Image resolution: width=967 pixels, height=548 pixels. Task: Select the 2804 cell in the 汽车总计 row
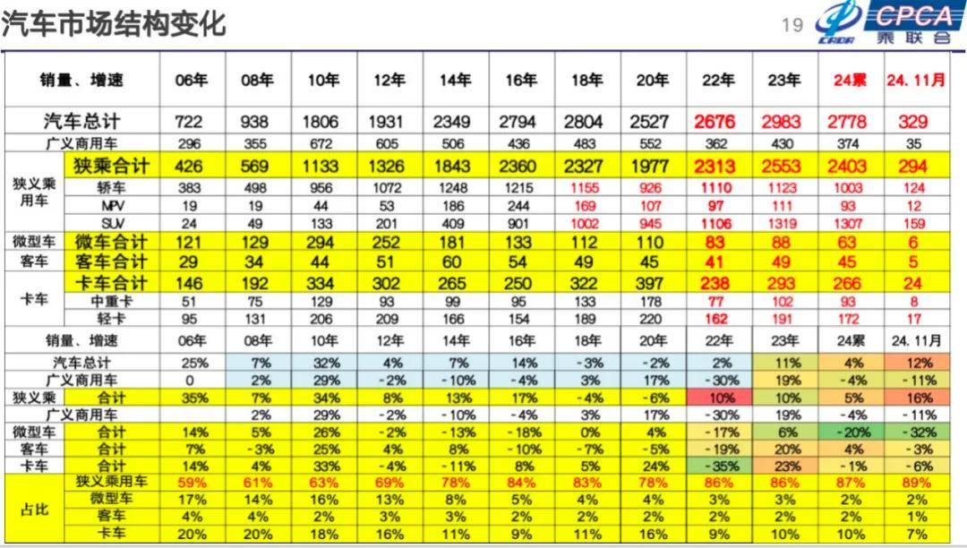pyautogui.click(x=586, y=122)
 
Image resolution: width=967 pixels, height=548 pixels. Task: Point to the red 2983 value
pyautogui.click(x=784, y=122)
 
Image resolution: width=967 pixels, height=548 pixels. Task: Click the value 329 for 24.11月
pyautogui.click(x=915, y=122)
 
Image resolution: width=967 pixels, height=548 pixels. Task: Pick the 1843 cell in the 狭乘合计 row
pyautogui.click(x=455, y=166)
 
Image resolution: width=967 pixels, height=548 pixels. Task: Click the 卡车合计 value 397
pyautogui.click(x=653, y=283)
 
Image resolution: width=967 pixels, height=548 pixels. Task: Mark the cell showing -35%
pyautogui.click(x=719, y=467)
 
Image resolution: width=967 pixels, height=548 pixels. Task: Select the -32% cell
pyautogui.click(x=915, y=432)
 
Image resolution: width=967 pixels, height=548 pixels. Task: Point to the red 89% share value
pyautogui.click(x=915, y=484)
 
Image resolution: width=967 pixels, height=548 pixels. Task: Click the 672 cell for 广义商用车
pyautogui.click(x=324, y=143)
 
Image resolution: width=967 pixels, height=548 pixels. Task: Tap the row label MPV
pyautogui.click(x=111, y=205)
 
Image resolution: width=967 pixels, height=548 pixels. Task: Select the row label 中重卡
pyautogui.click(x=111, y=301)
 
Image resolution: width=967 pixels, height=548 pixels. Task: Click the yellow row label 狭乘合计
pyautogui.click(x=111, y=166)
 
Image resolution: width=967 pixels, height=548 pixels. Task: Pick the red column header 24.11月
pyautogui.click(x=915, y=80)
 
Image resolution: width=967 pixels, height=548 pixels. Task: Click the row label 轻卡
pyautogui.click(x=111, y=318)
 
